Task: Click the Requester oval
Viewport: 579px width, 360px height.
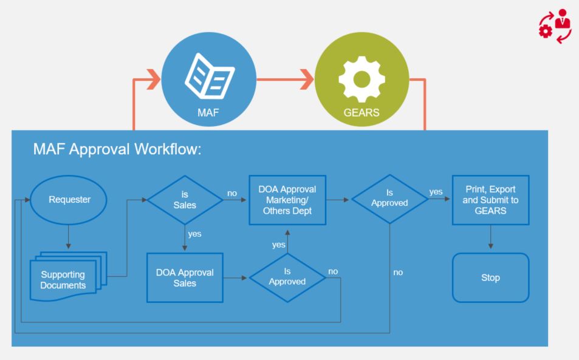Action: click(x=69, y=200)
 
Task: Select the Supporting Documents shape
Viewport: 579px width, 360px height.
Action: click(x=64, y=279)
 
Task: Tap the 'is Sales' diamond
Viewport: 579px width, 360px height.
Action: click(x=185, y=200)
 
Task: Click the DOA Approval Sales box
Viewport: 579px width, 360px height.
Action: click(x=185, y=277)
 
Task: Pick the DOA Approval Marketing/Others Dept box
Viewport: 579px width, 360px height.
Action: click(x=287, y=200)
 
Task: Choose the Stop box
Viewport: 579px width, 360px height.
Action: click(x=490, y=277)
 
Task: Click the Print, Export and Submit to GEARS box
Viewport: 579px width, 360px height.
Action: click(x=490, y=200)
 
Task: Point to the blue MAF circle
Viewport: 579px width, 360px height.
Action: click(x=208, y=79)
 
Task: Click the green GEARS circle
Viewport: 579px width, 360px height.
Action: click(x=361, y=79)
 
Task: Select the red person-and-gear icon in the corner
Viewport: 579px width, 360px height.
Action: click(x=555, y=26)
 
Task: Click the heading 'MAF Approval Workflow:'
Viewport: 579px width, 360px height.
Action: click(x=117, y=150)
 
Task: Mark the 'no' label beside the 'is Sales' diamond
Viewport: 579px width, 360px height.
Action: click(x=232, y=193)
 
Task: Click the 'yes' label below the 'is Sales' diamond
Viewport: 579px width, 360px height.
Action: click(x=194, y=234)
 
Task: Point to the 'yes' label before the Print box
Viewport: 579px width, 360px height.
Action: click(x=436, y=192)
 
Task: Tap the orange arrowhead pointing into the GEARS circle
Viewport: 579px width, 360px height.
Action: click(x=307, y=79)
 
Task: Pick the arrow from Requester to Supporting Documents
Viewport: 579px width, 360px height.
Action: click(x=69, y=236)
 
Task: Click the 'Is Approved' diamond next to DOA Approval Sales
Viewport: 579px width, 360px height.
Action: click(x=287, y=277)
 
